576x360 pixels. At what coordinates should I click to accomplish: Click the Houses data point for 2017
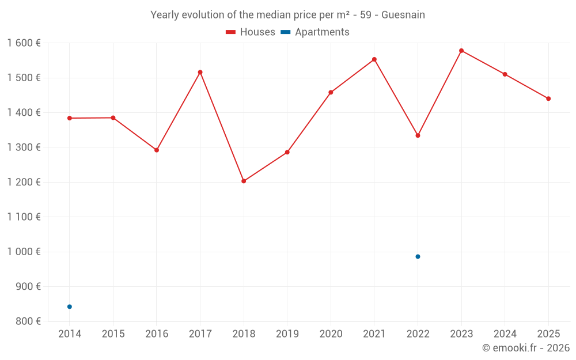click(x=200, y=72)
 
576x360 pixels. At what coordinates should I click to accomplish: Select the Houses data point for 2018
click(x=244, y=181)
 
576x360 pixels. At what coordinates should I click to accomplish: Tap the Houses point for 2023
click(x=461, y=51)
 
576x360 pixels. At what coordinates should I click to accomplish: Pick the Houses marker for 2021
click(x=374, y=59)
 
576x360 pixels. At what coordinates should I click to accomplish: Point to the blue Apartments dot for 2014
click(x=70, y=306)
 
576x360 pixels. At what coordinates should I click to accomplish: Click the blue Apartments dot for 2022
click(x=418, y=256)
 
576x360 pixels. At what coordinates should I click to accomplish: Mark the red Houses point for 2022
click(x=418, y=135)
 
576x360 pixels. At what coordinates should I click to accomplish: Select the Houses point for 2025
click(x=548, y=98)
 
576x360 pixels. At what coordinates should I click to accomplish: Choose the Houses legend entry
click(x=251, y=32)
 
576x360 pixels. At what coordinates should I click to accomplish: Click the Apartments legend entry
click(x=316, y=32)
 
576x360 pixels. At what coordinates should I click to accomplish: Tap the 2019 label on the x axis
click(x=287, y=334)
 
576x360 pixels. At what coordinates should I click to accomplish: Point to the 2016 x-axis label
click(x=157, y=334)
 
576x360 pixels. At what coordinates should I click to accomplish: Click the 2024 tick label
click(x=505, y=334)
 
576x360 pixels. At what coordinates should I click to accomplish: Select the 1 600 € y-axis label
click(x=24, y=43)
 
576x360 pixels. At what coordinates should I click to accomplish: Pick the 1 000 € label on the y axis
click(x=24, y=252)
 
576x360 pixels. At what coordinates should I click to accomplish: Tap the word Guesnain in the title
click(x=403, y=15)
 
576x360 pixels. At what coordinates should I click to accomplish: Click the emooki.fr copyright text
click(x=526, y=348)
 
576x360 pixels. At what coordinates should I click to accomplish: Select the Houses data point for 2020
click(x=331, y=92)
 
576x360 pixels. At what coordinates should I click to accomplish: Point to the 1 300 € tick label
click(x=24, y=147)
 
